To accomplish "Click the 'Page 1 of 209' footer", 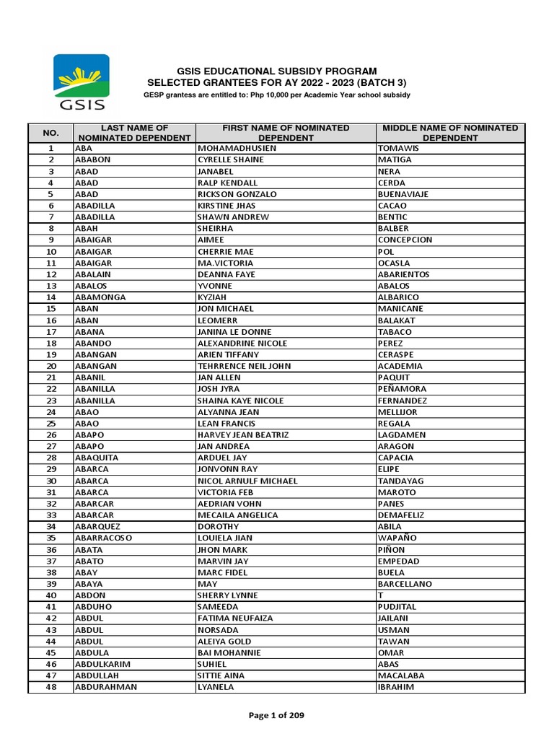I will point(276,715).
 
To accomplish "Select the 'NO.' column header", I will point(50,132).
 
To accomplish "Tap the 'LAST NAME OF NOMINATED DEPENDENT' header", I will point(134,132).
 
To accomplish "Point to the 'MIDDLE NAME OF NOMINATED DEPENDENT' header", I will point(450,132).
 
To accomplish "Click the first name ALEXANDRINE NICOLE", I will point(242,344).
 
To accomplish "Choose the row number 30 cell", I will point(51,481).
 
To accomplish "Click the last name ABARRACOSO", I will point(104,538).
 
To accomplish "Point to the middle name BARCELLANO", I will point(405,584).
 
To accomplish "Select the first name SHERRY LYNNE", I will point(227,595).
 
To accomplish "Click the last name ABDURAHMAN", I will point(106,687).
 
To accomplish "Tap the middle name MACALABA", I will point(400,675).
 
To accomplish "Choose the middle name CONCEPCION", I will point(405,240).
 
